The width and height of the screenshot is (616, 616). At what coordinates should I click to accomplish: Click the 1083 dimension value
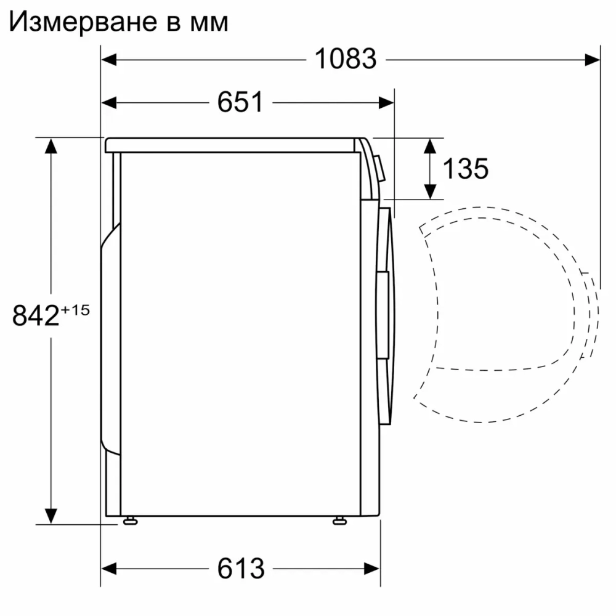click(x=345, y=59)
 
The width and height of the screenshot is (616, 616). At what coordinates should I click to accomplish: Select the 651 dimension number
click(x=240, y=102)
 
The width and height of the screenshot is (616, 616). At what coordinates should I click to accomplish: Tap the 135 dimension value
click(x=466, y=168)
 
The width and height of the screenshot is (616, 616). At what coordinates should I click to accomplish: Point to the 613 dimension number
click(x=240, y=567)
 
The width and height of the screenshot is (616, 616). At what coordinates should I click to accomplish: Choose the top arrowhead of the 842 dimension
click(x=51, y=146)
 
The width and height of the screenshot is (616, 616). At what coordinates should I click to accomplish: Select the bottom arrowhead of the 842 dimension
click(x=51, y=515)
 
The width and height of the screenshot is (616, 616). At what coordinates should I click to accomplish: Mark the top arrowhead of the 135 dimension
click(x=429, y=146)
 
